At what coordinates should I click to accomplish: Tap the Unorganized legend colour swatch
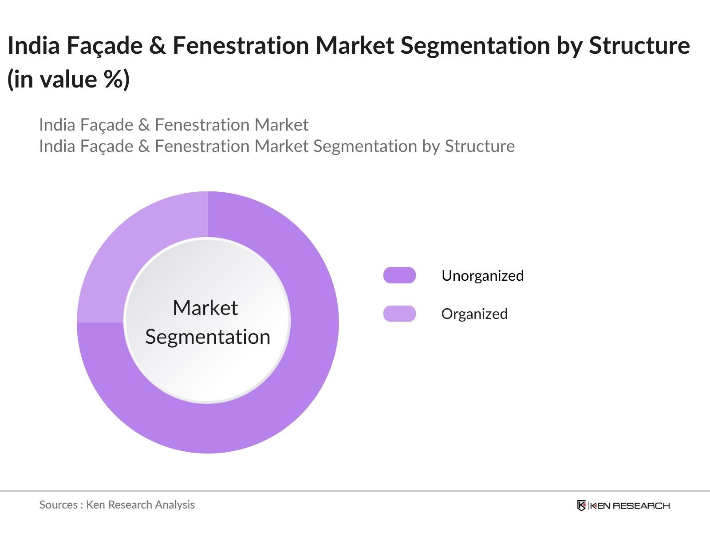(399, 275)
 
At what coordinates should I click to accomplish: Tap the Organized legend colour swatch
(399, 314)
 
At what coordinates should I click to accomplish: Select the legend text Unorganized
(482, 276)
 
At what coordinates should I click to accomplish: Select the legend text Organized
(474, 314)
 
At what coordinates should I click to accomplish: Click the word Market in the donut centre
(205, 308)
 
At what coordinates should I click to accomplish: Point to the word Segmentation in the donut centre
(208, 337)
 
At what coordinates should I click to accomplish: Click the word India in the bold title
(34, 46)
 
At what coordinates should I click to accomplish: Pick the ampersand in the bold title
(157, 46)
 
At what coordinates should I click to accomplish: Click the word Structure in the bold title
(639, 46)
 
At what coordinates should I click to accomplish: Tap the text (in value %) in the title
(69, 80)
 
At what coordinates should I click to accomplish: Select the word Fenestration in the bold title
(241, 46)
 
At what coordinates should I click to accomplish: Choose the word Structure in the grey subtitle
(480, 146)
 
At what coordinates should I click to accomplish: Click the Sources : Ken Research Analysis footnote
(117, 505)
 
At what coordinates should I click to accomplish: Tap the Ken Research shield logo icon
(581, 505)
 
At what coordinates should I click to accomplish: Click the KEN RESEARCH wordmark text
(629, 506)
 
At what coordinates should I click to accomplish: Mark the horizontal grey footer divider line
(355, 491)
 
